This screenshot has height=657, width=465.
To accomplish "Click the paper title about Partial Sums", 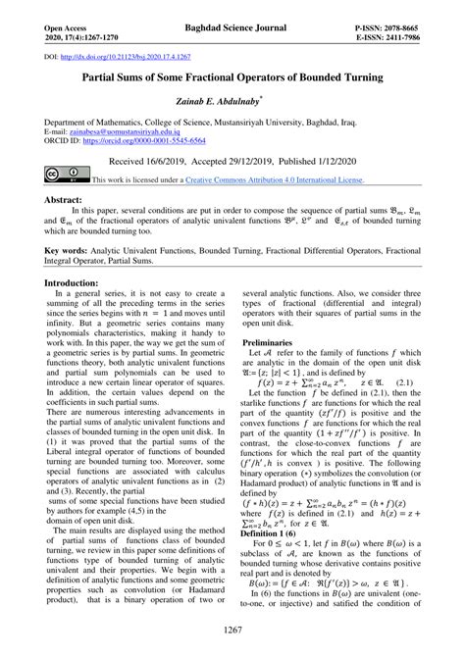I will click(232, 76).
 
